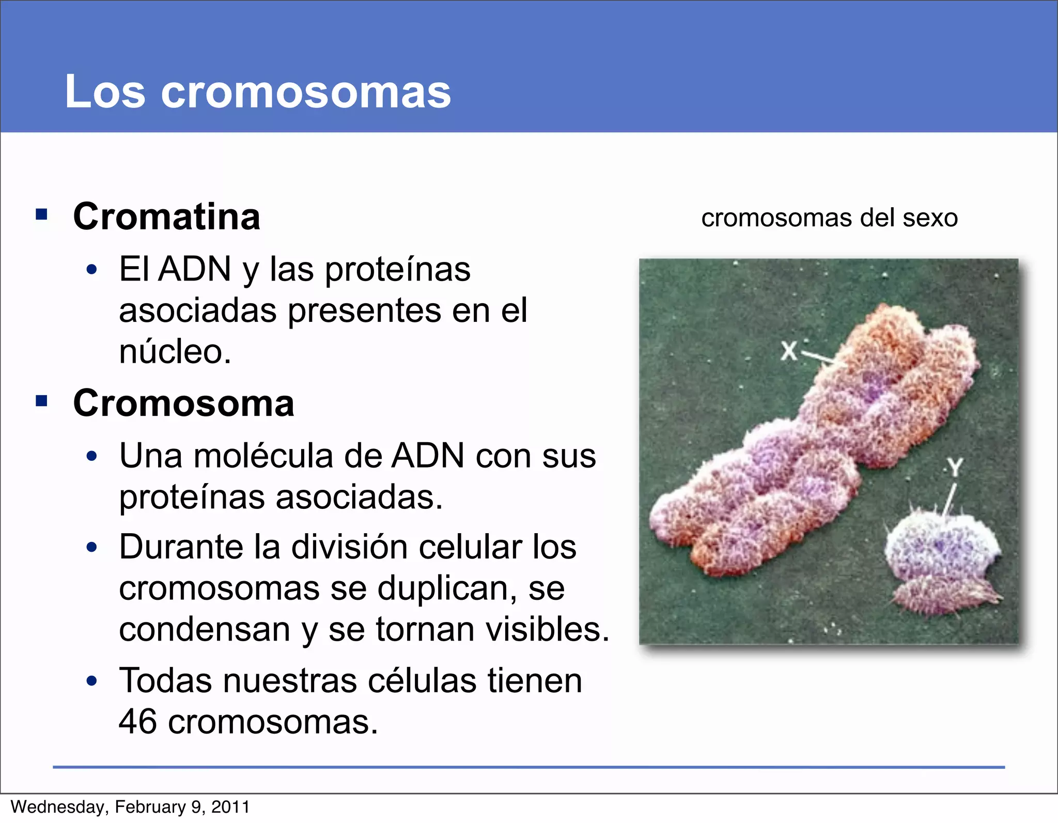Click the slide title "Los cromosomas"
[x=258, y=91]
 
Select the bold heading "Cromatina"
[x=166, y=216]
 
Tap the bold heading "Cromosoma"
[x=183, y=403]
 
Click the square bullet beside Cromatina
[x=42, y=214]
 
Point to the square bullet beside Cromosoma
[x=42, y=400]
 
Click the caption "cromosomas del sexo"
[x=829, y=218]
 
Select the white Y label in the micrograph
[x=955, y=468]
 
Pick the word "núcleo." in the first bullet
[x=175, y=351]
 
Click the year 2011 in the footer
[x=230, y=807]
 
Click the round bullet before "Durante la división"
[x=92, y=547]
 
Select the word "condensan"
[x=205, y=629]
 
